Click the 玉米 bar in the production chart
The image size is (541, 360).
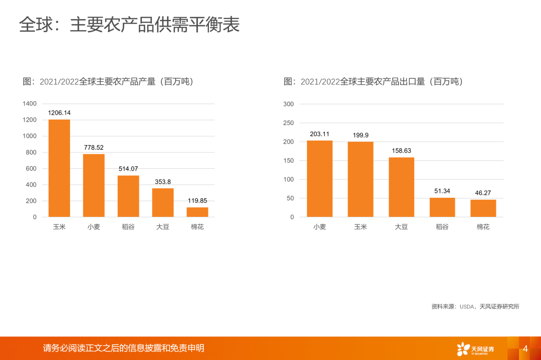(59, 168)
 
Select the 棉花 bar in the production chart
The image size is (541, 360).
(197, 212)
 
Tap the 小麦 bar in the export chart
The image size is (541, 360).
(320, 179)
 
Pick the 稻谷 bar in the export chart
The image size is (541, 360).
(442, 207)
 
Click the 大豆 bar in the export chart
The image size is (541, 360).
(401, 187)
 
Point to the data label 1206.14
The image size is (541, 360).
(59, 113)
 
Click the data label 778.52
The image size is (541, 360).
(94, 147)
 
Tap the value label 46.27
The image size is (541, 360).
(483, 193)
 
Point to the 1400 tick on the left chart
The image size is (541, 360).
(30, 104)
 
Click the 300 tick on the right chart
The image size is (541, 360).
(289, 104)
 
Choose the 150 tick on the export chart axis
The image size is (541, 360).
(289, 161)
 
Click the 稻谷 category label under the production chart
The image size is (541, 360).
(128, 227)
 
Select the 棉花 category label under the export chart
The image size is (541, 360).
(483, 227)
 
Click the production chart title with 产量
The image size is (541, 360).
(108, 82)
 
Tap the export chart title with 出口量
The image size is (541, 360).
(373, 82)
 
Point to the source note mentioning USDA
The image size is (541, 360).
(475, 306)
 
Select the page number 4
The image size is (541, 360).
(525, 348)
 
